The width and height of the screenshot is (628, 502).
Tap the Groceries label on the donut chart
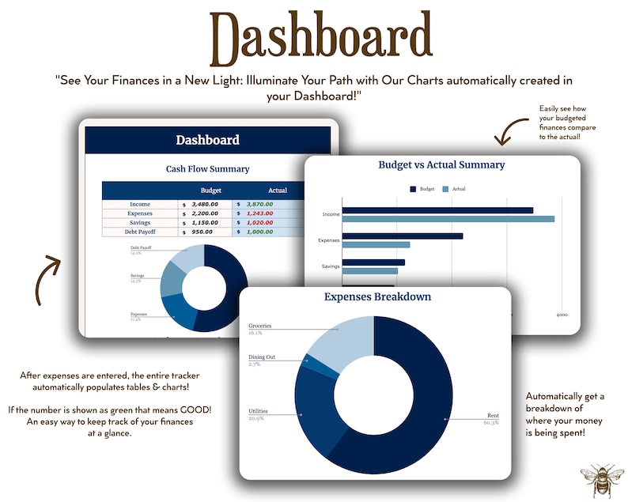pos(260,326)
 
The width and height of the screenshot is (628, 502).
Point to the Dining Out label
pos(262,357)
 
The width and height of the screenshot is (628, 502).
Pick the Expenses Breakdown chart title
pos(377,297)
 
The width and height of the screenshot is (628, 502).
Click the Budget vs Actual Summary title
pos(441,165)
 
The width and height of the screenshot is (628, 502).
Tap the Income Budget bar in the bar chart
pos(437,210)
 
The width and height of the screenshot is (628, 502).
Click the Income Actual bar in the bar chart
pos(448,219)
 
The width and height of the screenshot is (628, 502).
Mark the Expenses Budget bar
pos(403,236)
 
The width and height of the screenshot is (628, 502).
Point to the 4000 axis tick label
pos(561,315)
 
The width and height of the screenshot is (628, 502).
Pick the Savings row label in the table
pos(140,222)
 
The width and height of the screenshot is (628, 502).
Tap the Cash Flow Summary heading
pos(207,168)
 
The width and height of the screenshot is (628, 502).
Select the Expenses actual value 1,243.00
pos(259,213)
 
